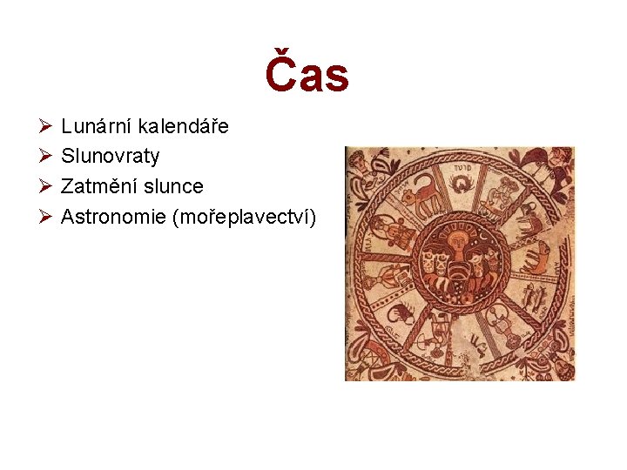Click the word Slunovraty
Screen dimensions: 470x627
click(111, 157)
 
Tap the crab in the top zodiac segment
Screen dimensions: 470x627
click(460, 184)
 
